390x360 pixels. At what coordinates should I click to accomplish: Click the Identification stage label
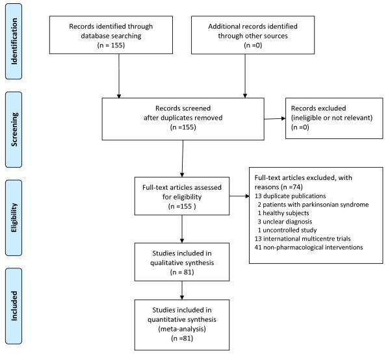[14, 42]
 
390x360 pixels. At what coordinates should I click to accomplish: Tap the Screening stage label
[14, 129]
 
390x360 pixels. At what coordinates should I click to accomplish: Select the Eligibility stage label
[14, 218]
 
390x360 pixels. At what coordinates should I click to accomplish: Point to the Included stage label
[14, 306]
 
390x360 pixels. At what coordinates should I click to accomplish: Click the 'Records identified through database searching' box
[111, 35]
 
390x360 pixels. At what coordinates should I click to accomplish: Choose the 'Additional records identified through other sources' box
[253, 35]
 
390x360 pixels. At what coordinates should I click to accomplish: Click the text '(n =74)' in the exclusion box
[291, 187]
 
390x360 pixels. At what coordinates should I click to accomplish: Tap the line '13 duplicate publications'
[290, 196]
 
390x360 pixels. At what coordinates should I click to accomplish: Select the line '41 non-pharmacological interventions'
[309, 248]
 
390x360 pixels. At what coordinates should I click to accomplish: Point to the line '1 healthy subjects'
[283, 213]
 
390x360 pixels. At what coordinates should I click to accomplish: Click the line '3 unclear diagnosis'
[285, 222]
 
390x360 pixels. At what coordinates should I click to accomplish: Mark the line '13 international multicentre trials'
[302, 238]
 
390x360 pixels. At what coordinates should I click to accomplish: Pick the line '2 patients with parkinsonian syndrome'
[313, 205]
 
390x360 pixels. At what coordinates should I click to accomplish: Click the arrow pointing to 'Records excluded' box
[275, 118]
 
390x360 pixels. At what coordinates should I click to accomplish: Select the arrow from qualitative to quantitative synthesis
[182, 290]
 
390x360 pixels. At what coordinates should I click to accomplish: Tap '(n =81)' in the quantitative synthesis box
[182, 339]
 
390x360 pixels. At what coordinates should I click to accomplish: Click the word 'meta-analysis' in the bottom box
[182, 329]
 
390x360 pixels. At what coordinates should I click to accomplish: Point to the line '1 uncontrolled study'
[287, 230]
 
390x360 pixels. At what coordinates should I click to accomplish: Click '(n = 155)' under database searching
[111, 45]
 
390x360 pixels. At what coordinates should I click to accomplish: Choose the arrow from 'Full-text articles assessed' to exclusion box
[239, 196]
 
